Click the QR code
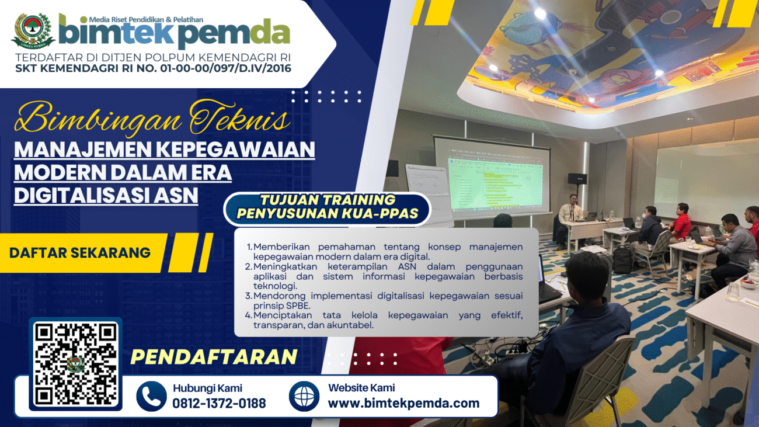(75, 364)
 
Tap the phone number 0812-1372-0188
(219, 403)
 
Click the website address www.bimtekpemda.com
(403, 403)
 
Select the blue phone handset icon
(151, 396)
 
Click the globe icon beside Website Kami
(304, 396)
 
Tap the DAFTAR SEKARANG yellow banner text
(80, 253)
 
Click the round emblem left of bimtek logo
(33, 31)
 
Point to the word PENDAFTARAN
(214, 357)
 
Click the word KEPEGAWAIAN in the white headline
(237, 150)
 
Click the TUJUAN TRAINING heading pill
(328, 207)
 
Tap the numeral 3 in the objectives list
(248, 296)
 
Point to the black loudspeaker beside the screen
(577, 178)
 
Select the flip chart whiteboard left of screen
(430, 193)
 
